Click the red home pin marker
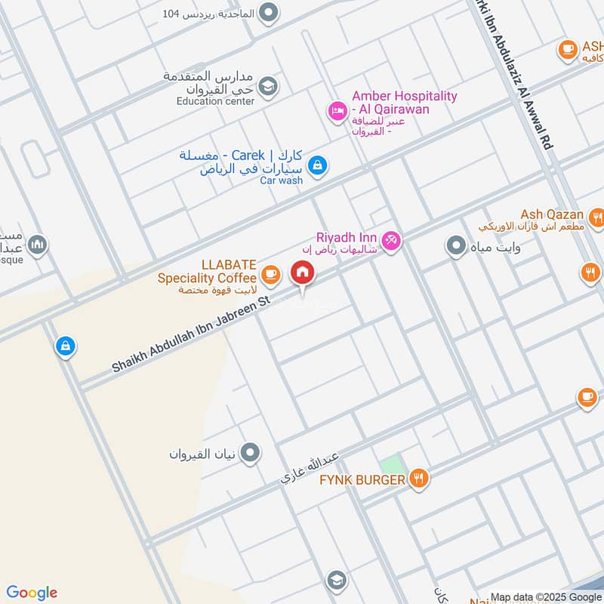tap(302, 273)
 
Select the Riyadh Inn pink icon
tap(391, 241)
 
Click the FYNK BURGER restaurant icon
tap(419, 477)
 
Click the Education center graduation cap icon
tap(267, 88)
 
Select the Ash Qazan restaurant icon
tap(596, 219)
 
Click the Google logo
tap(32, 593)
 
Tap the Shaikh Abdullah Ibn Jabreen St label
tap(190, 334)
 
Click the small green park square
tap(390, 465)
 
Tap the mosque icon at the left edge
tap(38, 245)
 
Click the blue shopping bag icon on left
tap(66, 347)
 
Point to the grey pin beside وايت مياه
tap(455, 245)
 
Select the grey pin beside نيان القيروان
tap(251, 454)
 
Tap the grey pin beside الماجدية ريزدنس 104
tap(267, 13)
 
